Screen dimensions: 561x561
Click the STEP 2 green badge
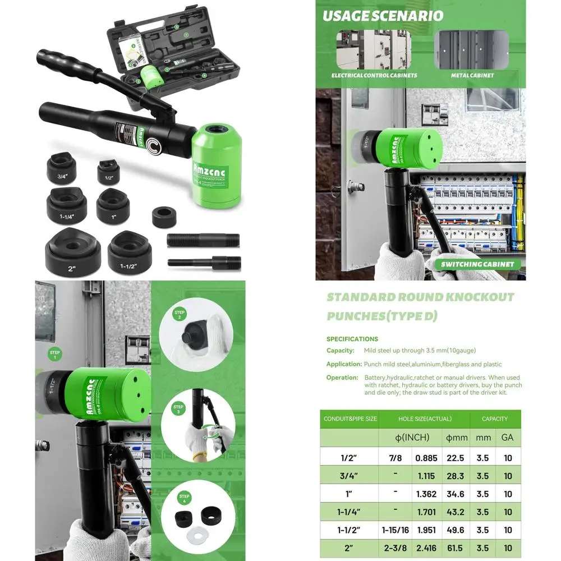[180, 314]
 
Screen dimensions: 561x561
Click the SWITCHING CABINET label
[477, 264]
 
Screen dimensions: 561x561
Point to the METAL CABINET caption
[472, 75]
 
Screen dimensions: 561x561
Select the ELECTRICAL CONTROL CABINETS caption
[374, 75]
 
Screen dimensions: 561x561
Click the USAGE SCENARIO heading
[383, 16]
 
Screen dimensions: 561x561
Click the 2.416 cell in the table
[426, 548]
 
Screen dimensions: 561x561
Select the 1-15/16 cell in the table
[395, 530]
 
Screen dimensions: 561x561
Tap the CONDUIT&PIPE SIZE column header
[349, 419]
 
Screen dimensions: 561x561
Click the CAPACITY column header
[495, 419]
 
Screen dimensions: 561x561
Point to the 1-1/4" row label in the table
[349, 512]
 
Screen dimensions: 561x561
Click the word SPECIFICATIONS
[352, 339]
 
